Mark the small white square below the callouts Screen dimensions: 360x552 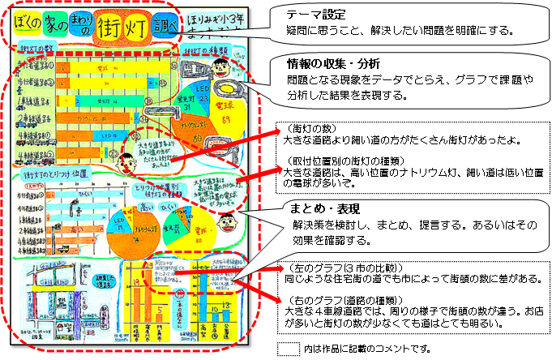click(x=289, y=349)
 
